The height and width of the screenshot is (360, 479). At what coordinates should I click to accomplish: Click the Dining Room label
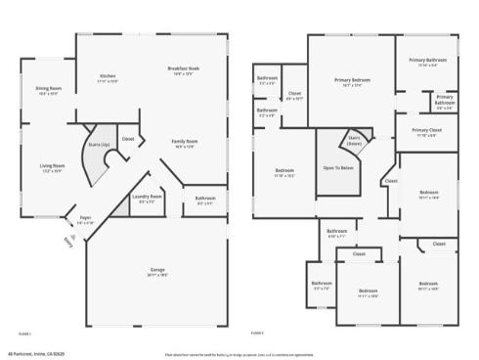48,89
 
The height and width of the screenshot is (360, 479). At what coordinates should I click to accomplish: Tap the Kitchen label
108,75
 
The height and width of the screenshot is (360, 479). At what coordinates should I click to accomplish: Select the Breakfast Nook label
184,68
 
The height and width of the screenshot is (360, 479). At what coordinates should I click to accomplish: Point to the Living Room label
52,166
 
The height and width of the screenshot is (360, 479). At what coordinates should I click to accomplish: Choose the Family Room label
185,142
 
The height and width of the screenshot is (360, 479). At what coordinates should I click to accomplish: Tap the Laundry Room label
149,196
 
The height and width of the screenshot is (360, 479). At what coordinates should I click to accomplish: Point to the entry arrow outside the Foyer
67,241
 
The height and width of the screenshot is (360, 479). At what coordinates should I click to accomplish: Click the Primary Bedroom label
352,79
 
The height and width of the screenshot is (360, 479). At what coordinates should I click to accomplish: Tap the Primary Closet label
427,130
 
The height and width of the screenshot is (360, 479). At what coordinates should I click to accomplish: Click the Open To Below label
338,167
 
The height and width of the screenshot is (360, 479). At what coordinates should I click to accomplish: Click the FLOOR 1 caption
23,333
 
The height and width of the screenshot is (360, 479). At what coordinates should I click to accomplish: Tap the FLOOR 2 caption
257,333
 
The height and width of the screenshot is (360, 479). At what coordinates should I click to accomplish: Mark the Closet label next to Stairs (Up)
127,139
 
